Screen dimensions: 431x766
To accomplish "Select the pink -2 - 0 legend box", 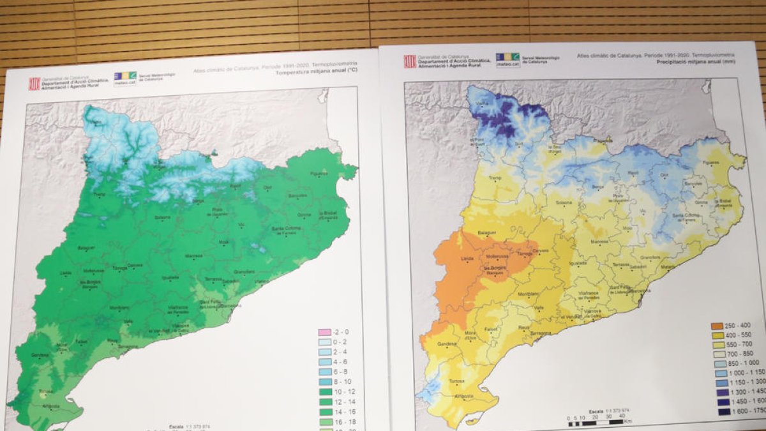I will [x=324, y=332].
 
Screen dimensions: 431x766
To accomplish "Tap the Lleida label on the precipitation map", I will [x=467, y=258].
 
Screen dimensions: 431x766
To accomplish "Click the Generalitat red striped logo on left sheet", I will [x=34, y=84].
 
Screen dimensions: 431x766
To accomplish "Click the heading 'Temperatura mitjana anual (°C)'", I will [x=316, y=73].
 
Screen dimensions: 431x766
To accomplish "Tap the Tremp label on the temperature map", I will [x=99, y=195].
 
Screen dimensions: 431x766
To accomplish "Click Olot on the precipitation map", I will [x=665, y=174].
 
